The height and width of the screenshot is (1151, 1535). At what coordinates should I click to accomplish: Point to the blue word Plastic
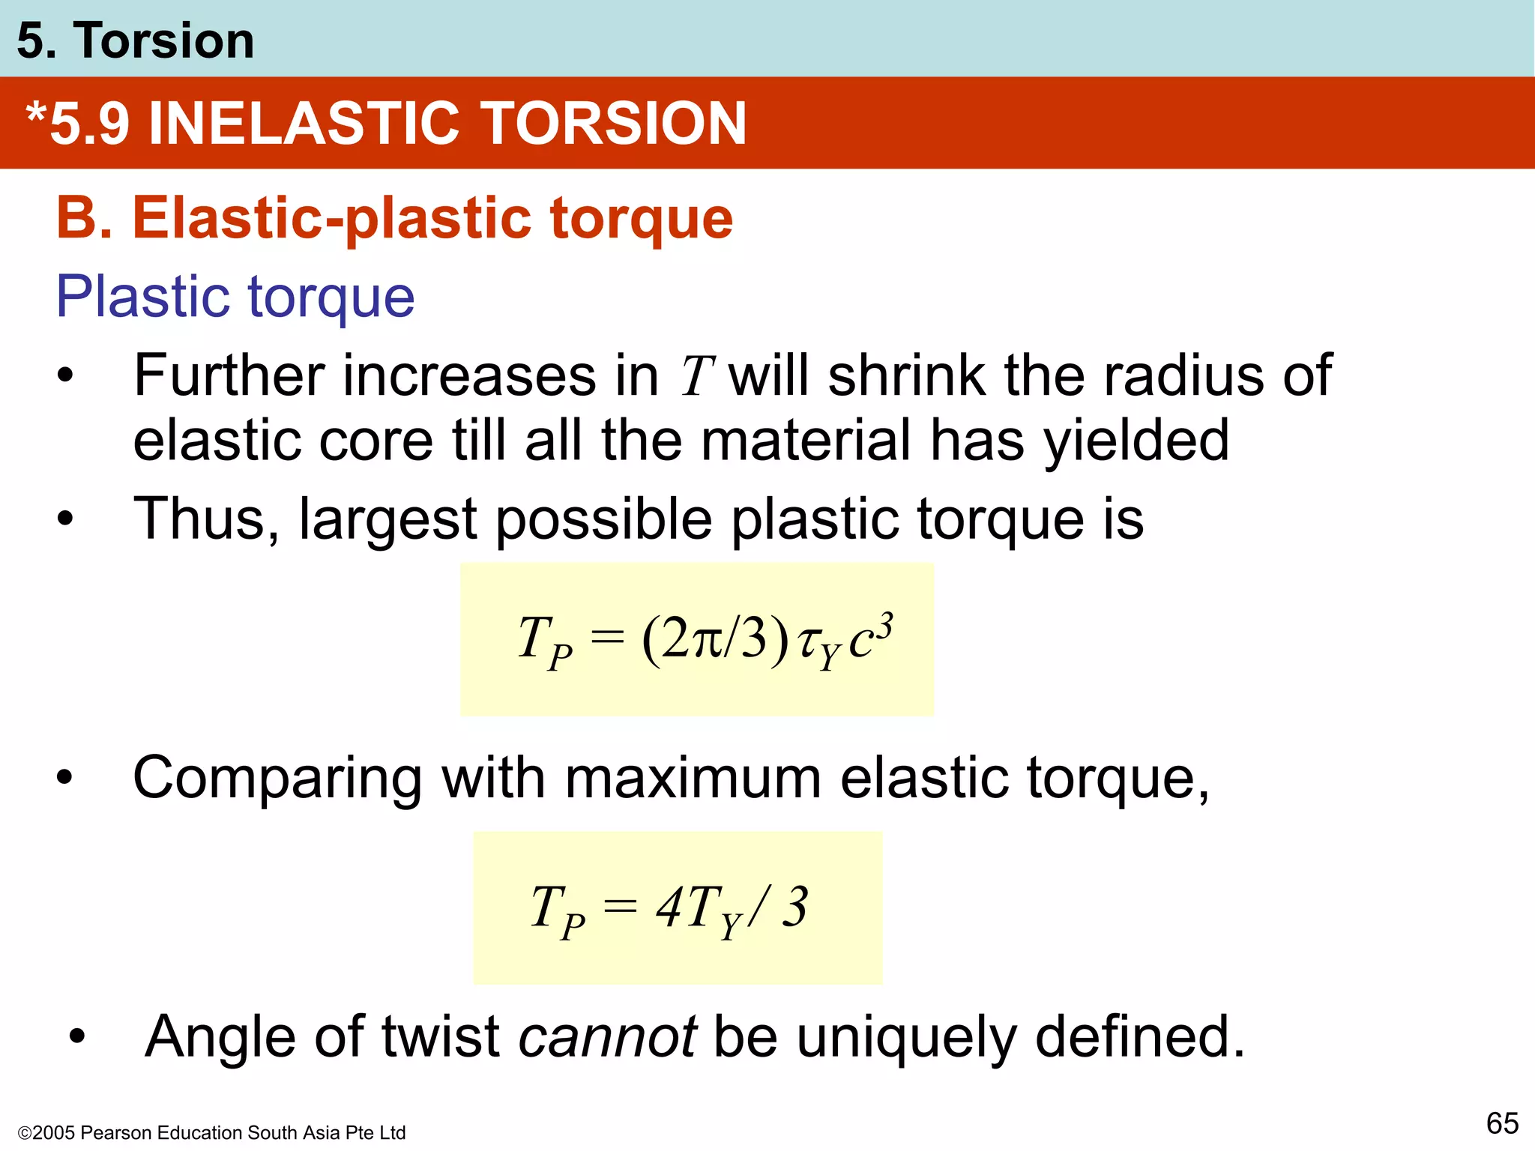(141, 297)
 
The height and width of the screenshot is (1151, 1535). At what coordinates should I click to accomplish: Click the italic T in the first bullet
(696, 376)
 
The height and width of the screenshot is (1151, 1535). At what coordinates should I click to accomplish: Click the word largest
(387, 519)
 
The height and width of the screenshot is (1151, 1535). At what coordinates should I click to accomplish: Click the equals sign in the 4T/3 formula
(621, 907)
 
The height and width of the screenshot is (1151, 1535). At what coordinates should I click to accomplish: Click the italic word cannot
(608, 1037)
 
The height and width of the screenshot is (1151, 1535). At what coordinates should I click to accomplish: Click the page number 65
(1502, 1123)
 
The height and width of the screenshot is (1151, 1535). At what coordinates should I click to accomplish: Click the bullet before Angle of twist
(77, 1037)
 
